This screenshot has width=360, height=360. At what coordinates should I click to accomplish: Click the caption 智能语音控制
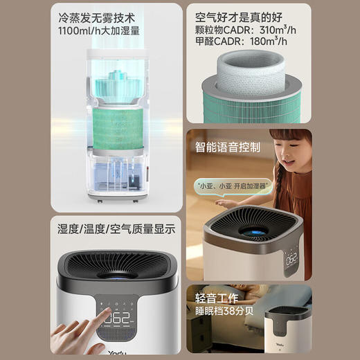(x=228, y=147)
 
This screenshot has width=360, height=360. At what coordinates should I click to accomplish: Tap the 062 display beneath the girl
(x=293, y=260)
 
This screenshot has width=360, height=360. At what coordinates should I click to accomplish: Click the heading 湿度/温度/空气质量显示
(x=112, y=229)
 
